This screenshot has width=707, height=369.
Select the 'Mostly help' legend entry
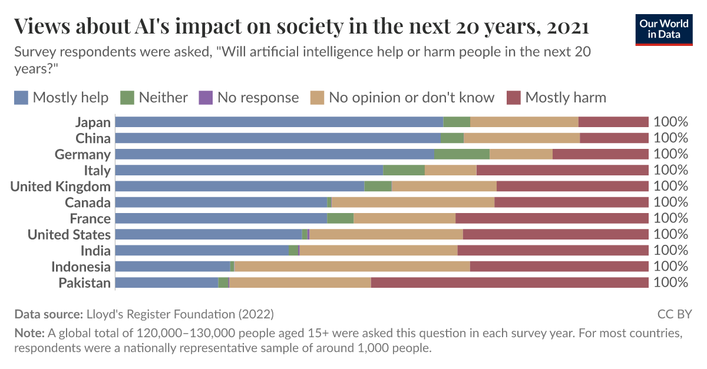tap(61, 97)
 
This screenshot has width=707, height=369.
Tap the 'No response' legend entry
tap(249, 97)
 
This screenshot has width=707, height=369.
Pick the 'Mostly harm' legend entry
tap(556, 97)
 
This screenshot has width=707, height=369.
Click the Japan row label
tap(92, 122)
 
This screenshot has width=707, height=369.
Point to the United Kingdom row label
tap(61, 187)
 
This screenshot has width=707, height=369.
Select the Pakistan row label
tap(84, 283)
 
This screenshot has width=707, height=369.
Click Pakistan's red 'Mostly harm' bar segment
tap(510, 283)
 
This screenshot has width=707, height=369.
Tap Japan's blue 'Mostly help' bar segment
tap(279, 122)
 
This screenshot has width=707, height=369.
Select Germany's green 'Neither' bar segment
tap(462, 154)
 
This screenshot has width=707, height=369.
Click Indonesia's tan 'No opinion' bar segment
tap(352, 267)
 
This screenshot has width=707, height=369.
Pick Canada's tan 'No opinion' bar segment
tap(412, 202)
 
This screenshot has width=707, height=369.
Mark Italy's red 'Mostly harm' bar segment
tap(562, 171)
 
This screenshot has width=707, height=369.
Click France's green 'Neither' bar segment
tap(340, 218)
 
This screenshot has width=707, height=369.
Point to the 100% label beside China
tap(670, 138)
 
